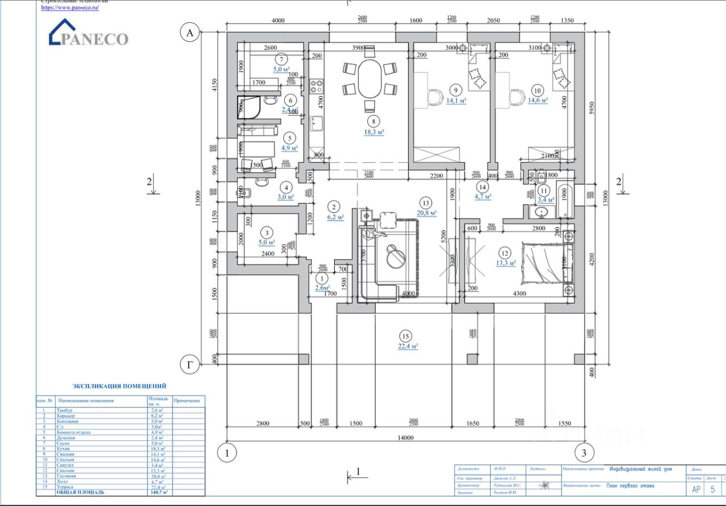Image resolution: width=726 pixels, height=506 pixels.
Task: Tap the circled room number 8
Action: [373, 120]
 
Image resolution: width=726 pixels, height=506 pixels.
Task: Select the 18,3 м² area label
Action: [374, 132]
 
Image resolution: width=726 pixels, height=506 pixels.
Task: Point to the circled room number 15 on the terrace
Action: [405, 335]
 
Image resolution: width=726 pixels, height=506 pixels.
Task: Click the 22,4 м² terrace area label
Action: [408, 345]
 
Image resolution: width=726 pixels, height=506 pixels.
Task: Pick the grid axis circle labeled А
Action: [189, 33]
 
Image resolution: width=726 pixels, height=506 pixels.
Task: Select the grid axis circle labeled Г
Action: [189, 365]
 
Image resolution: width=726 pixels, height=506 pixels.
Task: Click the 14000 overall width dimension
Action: [405, 437]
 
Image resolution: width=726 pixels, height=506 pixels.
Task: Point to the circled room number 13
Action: [425, 203]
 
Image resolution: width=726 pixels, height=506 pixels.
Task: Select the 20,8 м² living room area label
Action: [426, 213]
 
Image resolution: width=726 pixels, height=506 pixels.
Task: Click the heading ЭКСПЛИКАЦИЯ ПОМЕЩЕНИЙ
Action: [120, 386]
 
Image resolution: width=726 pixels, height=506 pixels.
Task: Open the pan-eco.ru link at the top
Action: [70, 8]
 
